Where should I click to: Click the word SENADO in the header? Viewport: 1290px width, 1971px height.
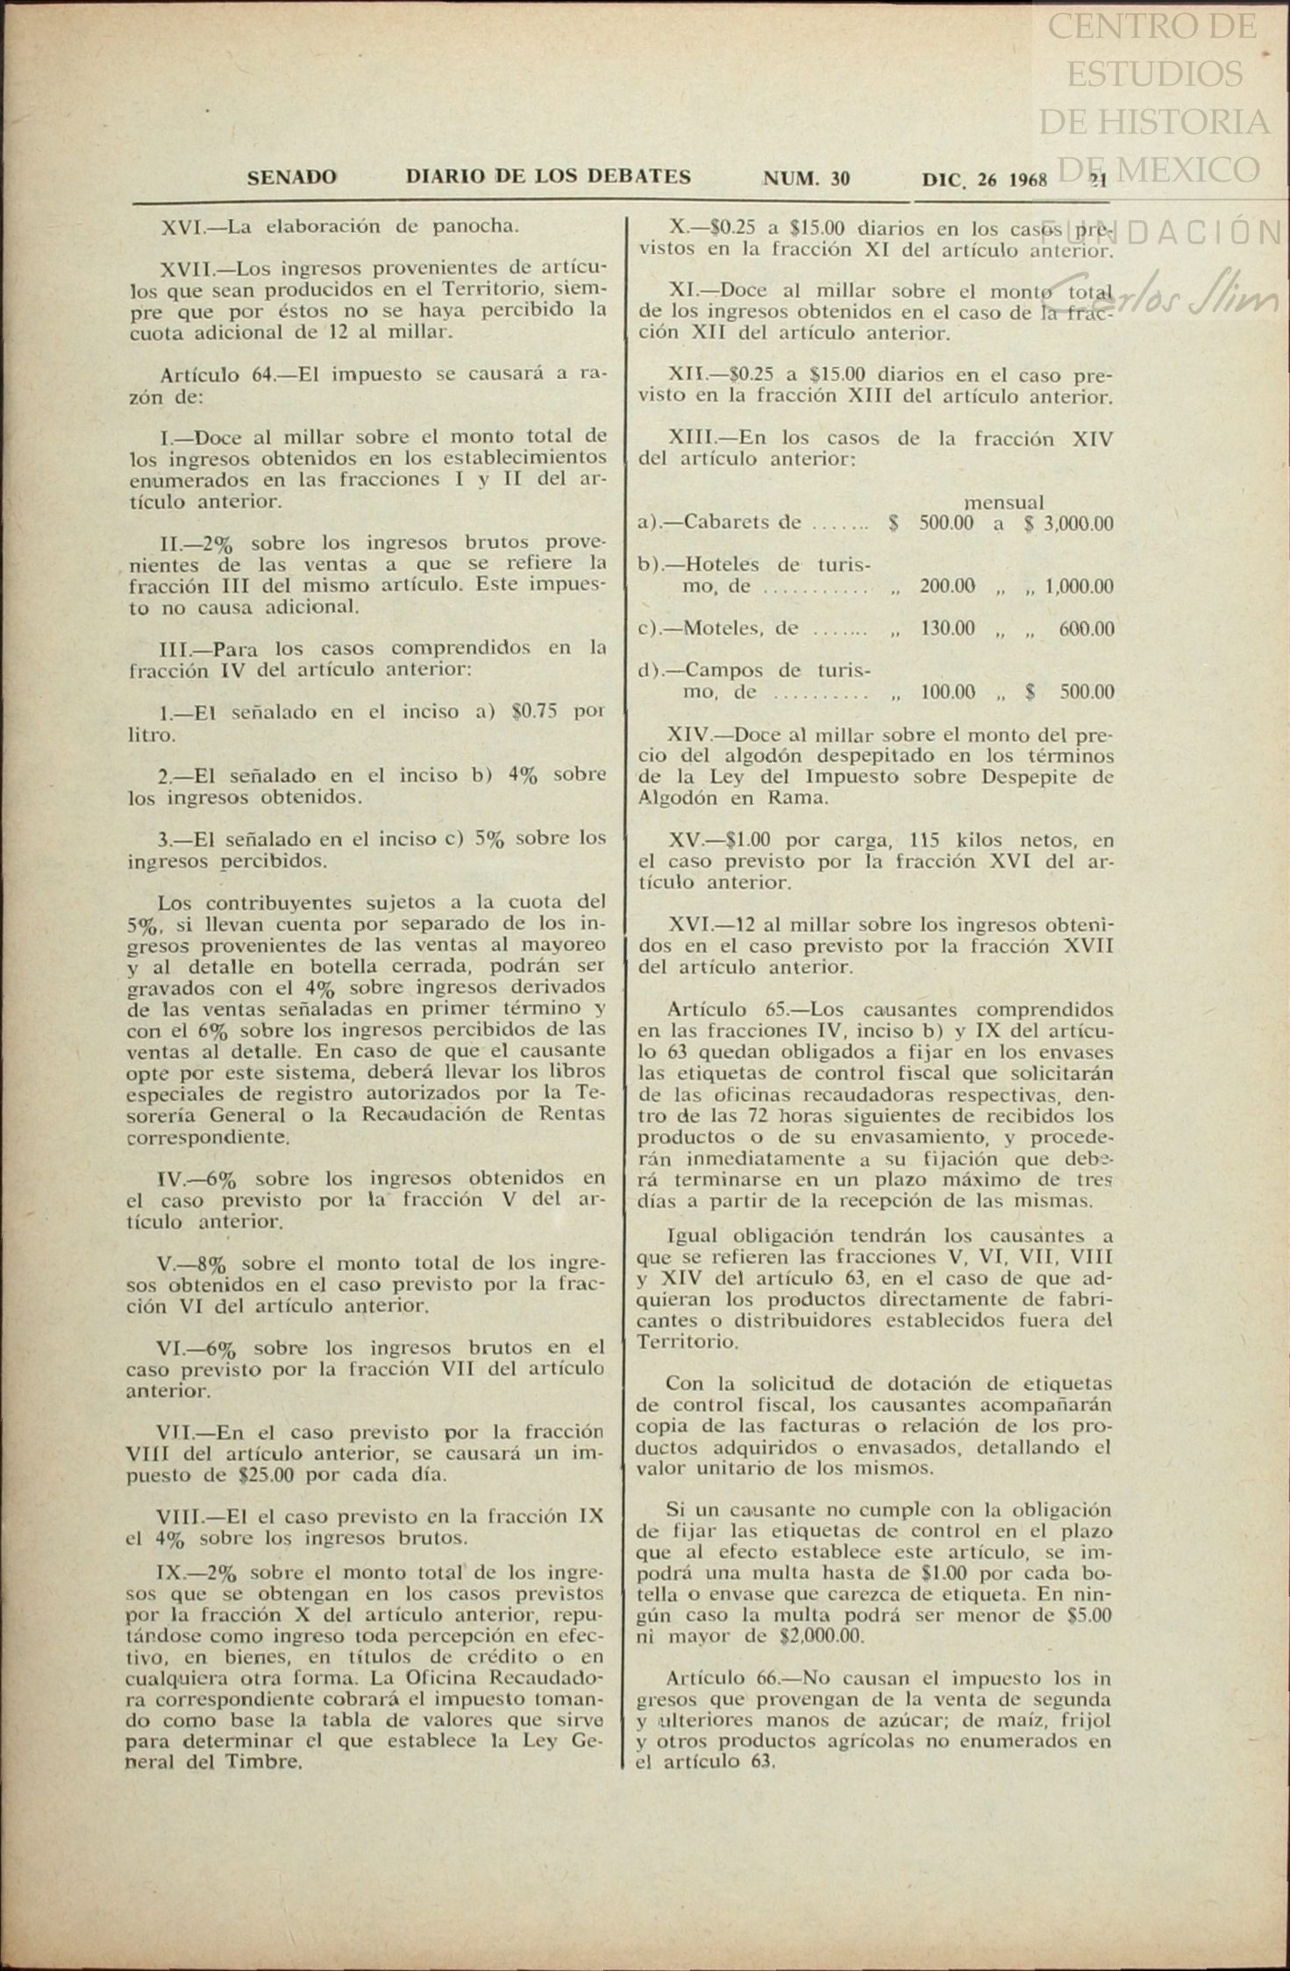click(291, 178)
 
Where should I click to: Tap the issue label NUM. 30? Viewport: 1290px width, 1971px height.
click(807, 180)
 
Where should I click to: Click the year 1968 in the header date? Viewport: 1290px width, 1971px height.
click(1028, 181)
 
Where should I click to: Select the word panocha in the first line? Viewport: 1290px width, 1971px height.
click(476, 226)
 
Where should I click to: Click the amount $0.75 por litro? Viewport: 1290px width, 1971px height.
click(534, 712)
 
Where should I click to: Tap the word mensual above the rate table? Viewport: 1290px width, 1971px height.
click(1004, 502)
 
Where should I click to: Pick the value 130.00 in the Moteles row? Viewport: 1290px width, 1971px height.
click(947, 629)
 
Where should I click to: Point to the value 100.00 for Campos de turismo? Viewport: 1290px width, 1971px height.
click(947, 693)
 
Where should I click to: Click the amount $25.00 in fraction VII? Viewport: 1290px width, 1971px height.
click(266, 1475)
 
